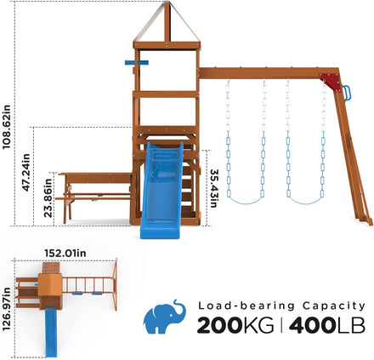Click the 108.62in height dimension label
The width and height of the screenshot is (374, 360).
click(x=6, y=127)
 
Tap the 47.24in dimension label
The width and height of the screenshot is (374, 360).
click(x=25, y=172)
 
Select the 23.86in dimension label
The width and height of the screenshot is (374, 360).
click(x=48, y=197)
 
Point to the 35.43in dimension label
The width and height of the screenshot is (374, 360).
click(x=213, y=188)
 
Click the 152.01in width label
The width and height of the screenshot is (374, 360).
click(x=65, y=253)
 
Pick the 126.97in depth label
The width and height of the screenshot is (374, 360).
click(x=6, y=309)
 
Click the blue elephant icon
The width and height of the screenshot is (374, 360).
click(x=165, y=317)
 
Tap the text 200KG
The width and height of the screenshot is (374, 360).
click(x=235, y=325)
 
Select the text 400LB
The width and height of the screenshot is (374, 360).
click(x=327, y=325)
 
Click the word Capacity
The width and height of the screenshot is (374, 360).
click(x=334, y=306)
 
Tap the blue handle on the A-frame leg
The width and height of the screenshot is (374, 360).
click(x=347, y=93)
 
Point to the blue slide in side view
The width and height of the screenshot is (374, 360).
click(x=161, y=190)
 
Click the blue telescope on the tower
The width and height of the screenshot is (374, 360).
click(x=137, y=62)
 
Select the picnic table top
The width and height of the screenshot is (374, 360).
click(x=95, y=174)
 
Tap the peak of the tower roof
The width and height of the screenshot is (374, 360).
click(x=167, y=3)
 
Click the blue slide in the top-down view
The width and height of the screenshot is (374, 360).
click(x=51, y=333)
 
